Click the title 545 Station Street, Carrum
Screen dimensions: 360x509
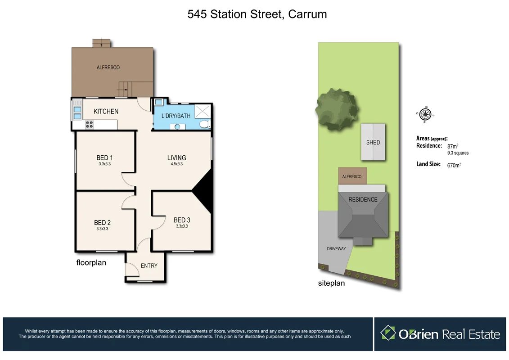[x=257, y=14]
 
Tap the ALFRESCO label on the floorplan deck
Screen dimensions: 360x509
[x=108, y=67]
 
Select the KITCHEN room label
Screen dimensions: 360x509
[x=106, y=111]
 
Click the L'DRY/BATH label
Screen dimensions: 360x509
[x=176, y=116]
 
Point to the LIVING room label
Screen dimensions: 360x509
[x=176, y=157]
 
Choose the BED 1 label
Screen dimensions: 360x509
[x=104, y=157]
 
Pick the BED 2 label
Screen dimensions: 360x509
[x=102, y=223]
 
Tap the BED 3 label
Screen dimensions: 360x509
[x=182, y=220]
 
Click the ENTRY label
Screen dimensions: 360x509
[x=149, y=265]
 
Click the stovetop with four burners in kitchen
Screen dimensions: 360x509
[x=89, y=125]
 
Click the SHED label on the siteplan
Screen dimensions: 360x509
[x=373, y=142]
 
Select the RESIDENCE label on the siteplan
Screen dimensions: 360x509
[x=363, y=199]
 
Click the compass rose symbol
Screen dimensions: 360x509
[x=425, y=114]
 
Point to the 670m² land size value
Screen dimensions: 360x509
[x=454, y=165]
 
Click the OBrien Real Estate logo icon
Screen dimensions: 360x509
[x=388, y=333]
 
